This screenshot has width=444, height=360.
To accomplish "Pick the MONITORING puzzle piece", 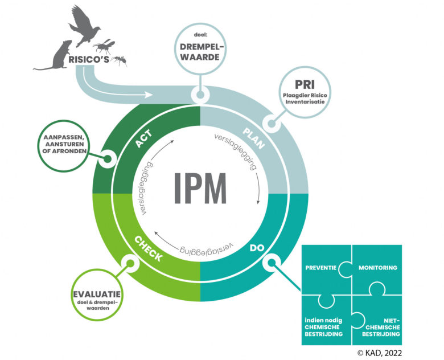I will [x=377, y=268].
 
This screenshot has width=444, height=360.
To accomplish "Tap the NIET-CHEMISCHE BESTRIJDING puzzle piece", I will [x=378, y=323].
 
